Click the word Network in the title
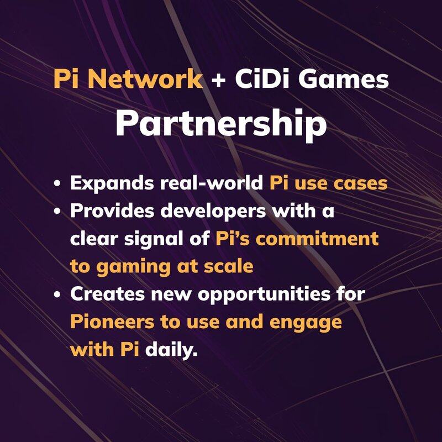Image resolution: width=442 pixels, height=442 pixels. coord(145,80)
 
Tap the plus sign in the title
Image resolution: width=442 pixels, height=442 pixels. coord(218,80)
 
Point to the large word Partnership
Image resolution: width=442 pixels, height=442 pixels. coord(222,123)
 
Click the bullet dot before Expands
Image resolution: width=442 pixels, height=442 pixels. coord(57,183)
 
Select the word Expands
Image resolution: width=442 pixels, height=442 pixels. coord(112,184)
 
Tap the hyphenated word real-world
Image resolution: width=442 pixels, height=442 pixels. coord(212,183)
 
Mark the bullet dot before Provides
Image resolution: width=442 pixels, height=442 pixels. coord(57,211)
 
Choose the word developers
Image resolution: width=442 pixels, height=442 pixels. coord(213,212)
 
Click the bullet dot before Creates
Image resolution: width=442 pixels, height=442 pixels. coord(57,294)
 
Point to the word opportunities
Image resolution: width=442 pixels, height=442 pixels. coord(264,294)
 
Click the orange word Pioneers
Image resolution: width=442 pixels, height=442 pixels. coord(112,322)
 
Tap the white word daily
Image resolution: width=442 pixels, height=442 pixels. coord(171,350)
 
